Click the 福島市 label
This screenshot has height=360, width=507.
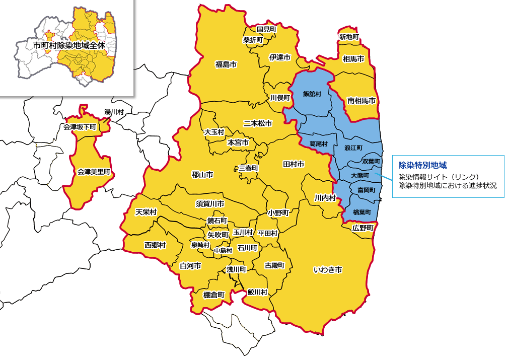point(226,64)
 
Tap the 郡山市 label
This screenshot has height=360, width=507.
point(202,175)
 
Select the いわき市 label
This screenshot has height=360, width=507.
point(328,270)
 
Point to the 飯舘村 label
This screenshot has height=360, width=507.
point(312,94)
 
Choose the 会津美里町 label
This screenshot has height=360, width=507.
point(94,172)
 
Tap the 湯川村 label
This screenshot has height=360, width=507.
point(114,111)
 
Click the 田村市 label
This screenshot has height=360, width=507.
point(294,164)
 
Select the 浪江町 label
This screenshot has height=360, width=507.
point(353,148)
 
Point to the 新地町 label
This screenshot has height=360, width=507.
point(349,37)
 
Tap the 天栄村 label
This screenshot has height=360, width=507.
point(146,212)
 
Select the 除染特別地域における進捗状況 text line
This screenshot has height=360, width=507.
point(447,185)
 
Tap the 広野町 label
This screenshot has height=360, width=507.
point(363,228)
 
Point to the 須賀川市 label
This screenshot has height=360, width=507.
point(210,203)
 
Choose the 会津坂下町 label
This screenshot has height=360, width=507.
point(80,127)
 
